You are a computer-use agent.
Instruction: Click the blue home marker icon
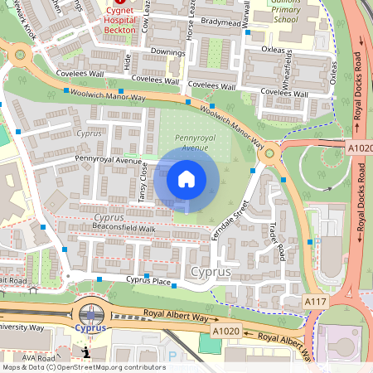coord(186,177)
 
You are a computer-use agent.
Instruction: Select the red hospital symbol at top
coord(121,3)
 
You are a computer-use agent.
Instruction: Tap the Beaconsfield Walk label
coord(124,227)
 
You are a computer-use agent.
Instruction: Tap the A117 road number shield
coord(315,301)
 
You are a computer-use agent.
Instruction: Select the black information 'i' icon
coord(87,351)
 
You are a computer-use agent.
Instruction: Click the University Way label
coord(23,327)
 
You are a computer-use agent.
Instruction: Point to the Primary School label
coord(283,18)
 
